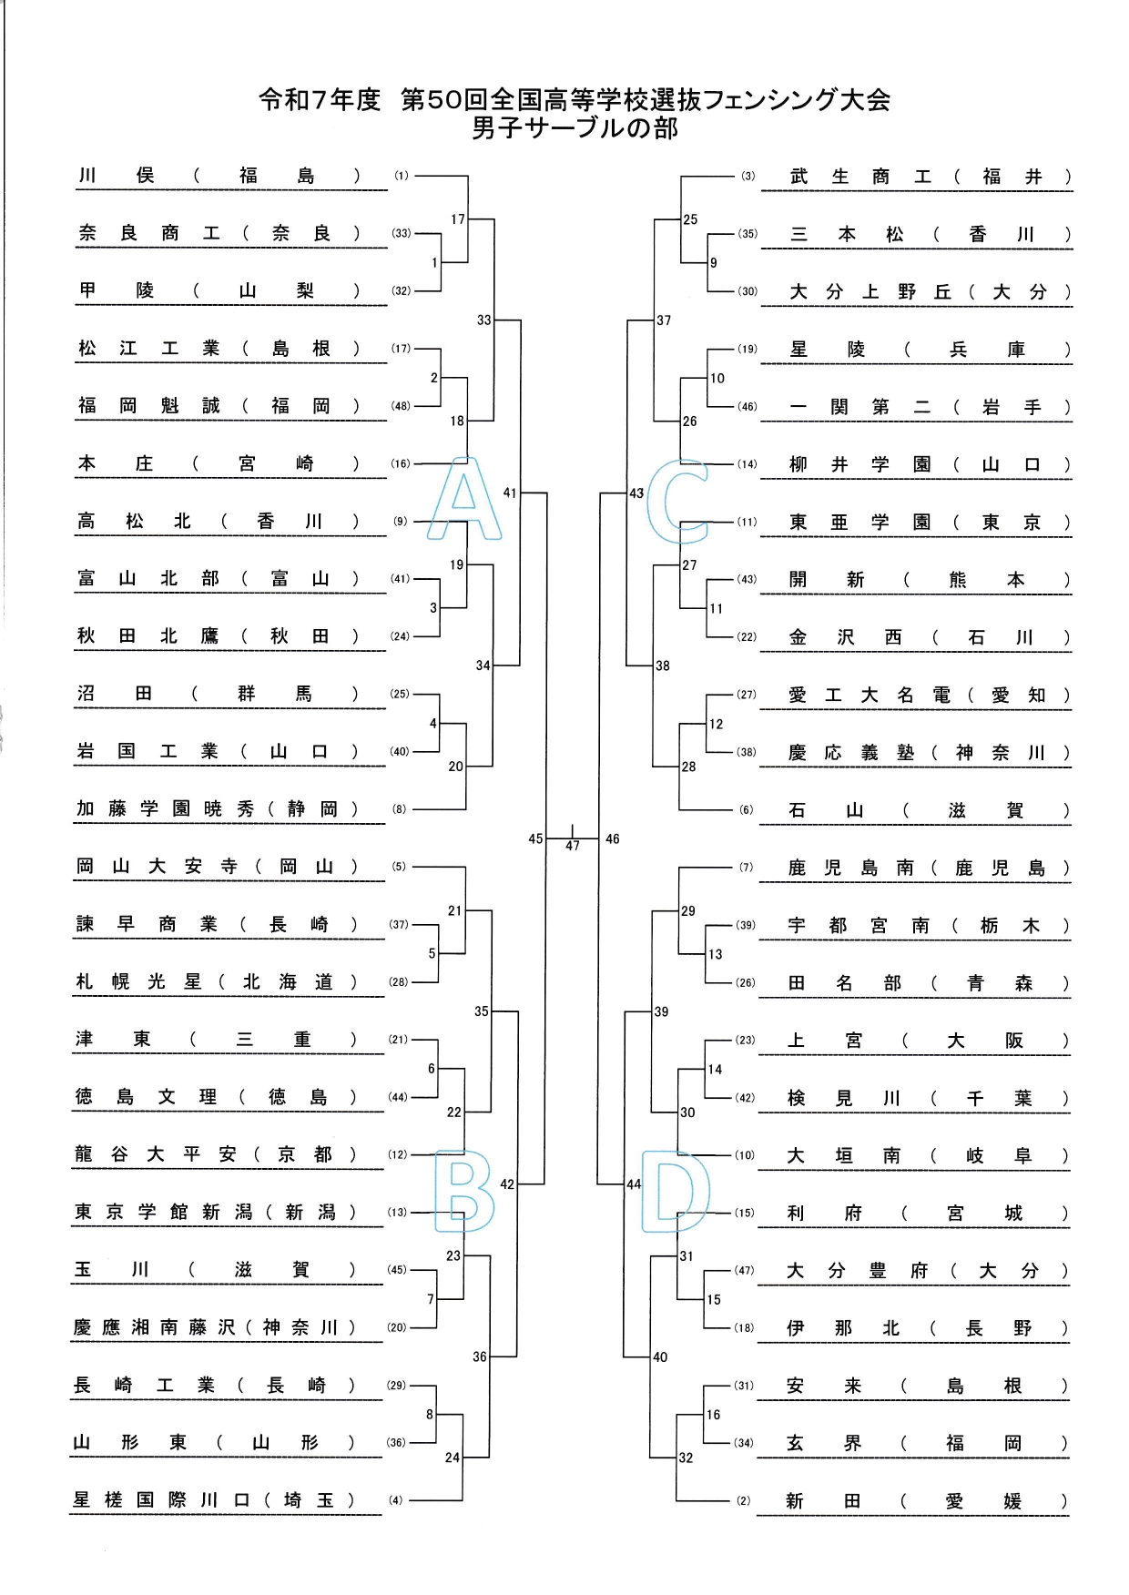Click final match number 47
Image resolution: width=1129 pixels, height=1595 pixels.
572,846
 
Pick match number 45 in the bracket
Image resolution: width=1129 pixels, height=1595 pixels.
535,838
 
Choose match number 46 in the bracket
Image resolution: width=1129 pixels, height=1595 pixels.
612,838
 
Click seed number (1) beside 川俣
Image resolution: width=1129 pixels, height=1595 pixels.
402,176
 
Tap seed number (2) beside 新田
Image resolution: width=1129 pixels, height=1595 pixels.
744,1500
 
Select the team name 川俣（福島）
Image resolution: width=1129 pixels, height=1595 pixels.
219,176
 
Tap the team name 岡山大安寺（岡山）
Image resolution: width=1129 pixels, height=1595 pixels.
217,867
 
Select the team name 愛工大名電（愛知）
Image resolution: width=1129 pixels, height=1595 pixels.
930,696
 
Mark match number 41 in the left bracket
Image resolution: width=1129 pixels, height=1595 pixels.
510,493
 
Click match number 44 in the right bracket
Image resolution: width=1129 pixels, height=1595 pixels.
634,1184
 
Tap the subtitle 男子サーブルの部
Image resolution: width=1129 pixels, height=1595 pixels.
575,128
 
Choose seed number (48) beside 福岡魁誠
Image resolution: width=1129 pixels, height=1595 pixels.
401,406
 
